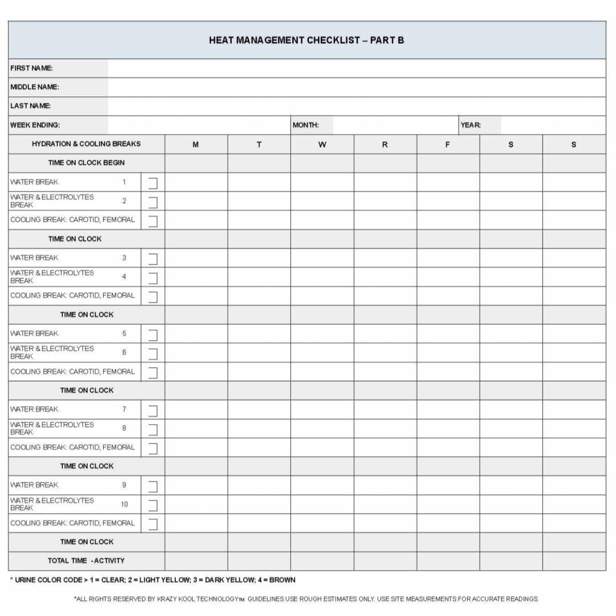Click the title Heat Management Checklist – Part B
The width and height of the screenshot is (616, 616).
point(306,40)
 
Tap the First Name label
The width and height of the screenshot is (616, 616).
point(31,68)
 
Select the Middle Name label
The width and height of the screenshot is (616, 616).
point(35,87)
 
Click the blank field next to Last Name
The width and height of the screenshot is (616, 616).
point(356,106)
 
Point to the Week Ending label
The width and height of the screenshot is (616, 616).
point(35,125)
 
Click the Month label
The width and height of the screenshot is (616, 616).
point(306,125)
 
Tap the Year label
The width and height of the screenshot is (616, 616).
point(471,125)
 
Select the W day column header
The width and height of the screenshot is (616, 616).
point(322,145)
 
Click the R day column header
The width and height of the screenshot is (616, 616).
point(385,145)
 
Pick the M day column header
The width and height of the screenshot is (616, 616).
point(196,145)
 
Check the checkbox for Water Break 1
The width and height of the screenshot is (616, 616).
point(153,183)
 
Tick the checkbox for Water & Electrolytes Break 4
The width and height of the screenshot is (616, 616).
point(153,278)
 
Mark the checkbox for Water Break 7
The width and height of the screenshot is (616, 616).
point(153,410)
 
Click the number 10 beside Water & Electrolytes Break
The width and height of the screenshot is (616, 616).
point(124,504)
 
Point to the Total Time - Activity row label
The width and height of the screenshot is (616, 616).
point(86,561)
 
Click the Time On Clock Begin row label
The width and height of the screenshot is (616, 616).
point(86,163)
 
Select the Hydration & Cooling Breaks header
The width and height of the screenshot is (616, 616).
point(86,144)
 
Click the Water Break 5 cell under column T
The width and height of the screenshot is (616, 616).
point(259,334)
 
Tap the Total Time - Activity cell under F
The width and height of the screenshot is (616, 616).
point(448,561)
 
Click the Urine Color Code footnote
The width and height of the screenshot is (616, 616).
point(153,580)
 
